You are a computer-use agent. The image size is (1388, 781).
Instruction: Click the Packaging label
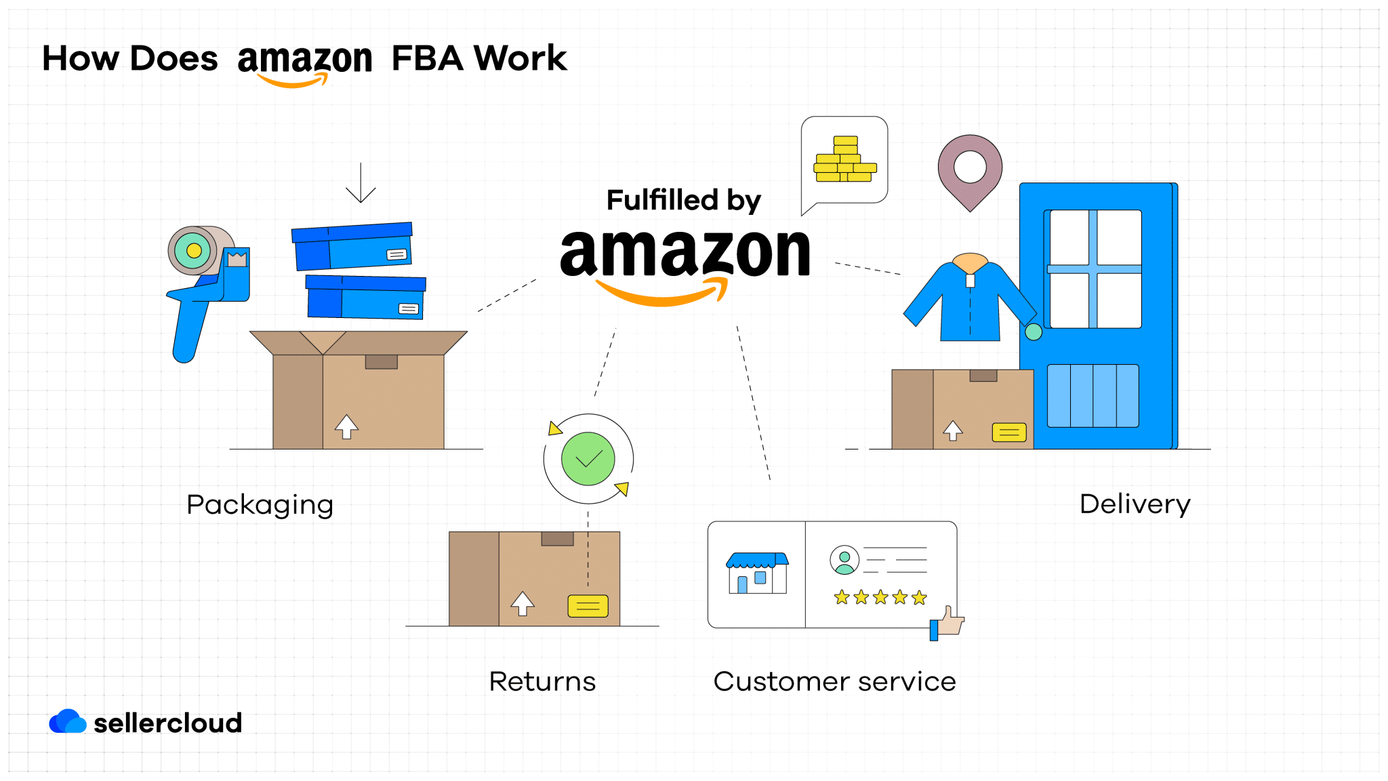[260, 505]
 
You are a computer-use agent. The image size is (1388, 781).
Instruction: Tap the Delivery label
[1135, 504]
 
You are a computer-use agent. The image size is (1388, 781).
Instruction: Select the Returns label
[542, 681]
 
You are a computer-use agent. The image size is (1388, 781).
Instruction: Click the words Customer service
[834, 681]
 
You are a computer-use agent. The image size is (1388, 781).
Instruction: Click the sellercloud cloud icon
[67, 722]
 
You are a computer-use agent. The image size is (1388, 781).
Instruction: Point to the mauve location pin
[970, 169]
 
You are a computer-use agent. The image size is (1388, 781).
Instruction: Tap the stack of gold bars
[845, 160]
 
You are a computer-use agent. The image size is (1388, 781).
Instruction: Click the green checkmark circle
[588, 459]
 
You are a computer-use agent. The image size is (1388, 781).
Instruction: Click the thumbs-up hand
[950, 622]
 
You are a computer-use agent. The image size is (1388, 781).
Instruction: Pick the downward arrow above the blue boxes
[361, 183]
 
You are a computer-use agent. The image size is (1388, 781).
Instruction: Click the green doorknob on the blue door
[1033, 332]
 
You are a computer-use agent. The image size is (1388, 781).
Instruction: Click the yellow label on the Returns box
[588, 605]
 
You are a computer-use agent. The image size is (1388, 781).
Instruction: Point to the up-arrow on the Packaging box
[346, 426]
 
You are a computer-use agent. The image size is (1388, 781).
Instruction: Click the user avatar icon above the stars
[844, 560]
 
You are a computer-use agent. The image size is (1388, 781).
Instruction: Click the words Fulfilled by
[683, 201]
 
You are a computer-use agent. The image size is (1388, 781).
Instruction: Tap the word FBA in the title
[427, 58]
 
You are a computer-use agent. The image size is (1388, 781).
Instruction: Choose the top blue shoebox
[352, 247]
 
